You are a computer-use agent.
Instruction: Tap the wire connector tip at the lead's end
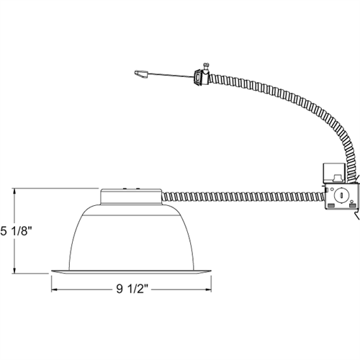pos(140,72)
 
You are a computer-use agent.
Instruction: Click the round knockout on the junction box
pos(341,194)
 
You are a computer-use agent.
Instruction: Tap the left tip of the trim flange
pos(50,273)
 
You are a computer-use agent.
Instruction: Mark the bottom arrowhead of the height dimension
pos(16,273)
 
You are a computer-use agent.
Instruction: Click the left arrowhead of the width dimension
pos(52,291)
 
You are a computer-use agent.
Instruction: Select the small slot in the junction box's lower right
pos(353,206)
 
